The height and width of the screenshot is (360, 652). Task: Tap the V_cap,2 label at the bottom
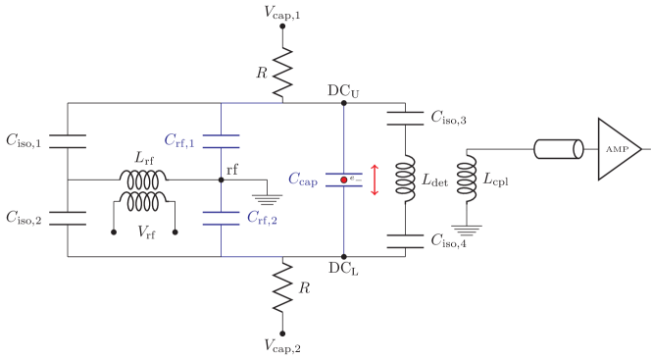pos(282,344)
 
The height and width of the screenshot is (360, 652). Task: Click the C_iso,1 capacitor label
pos(24,143)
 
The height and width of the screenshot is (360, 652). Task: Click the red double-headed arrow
pos(375,180)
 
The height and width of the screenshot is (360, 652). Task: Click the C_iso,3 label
pos(448,119)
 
